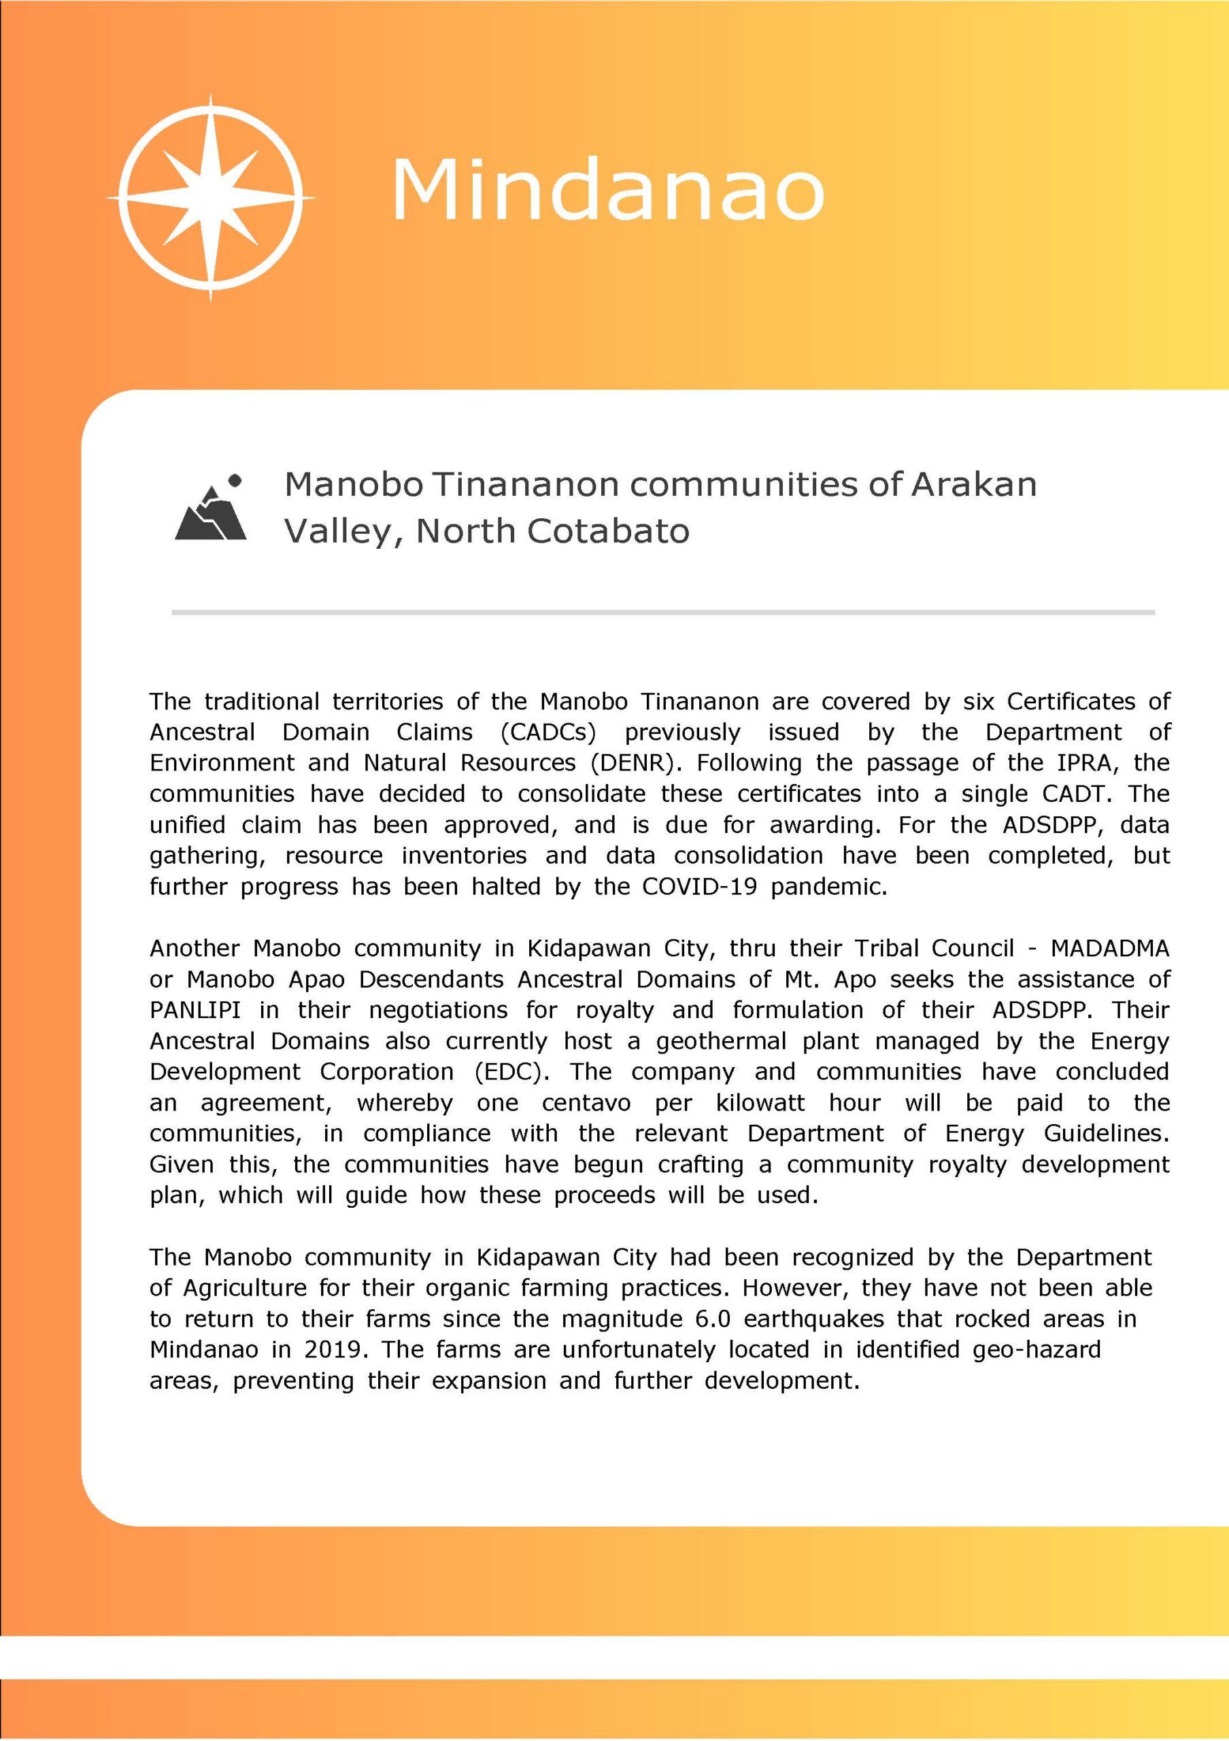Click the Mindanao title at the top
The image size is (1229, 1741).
coord(607,190)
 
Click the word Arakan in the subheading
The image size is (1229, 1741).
coord(973,484)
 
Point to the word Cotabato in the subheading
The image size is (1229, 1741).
coord(608,530)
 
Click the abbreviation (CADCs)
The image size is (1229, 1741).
coord(548,732)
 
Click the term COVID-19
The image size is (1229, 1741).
coord(699,886)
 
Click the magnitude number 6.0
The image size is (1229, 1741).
coord(713,1319)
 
